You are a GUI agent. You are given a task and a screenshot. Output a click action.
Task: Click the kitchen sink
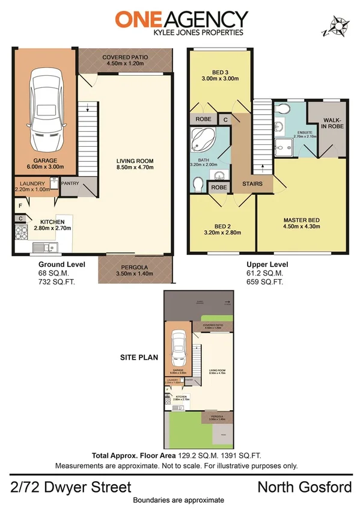coord(43,247)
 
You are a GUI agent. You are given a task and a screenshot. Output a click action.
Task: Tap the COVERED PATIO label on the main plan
coord(125,57)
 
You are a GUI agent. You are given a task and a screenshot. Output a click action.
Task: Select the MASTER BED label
coord(301,220)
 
